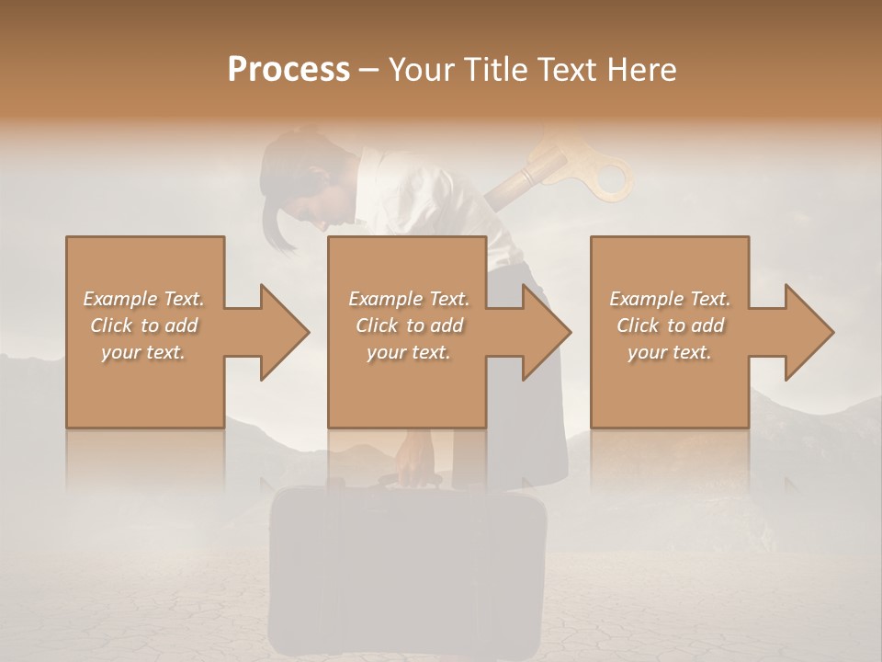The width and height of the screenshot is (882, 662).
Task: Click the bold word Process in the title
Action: [288, 70]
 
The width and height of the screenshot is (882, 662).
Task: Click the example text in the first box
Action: [143, 325]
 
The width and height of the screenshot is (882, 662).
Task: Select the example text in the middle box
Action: [408, 325]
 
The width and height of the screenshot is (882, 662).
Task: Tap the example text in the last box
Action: [670, 325]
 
